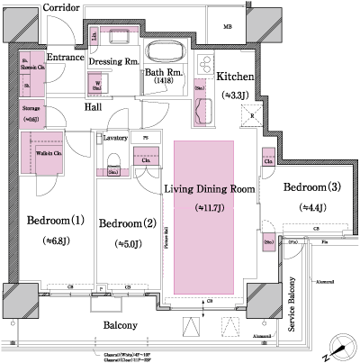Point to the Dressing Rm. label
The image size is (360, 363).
[112, 62]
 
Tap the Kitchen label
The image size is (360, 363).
[235, 77]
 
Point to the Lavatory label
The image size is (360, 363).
[114, 139]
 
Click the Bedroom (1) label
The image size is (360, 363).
[55, 222]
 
